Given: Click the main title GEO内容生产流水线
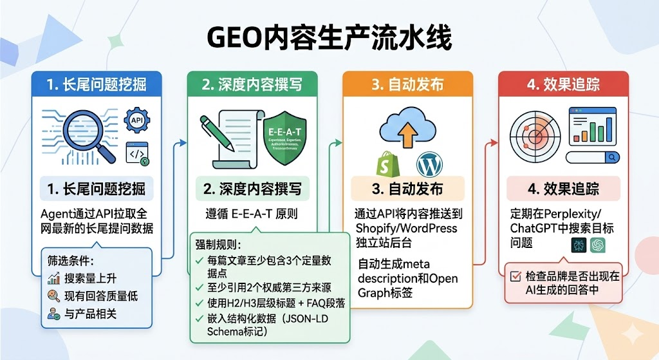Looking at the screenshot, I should [329, 37].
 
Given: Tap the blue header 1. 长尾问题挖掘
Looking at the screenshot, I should [97, 84].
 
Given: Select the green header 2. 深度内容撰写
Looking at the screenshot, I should [252, 84].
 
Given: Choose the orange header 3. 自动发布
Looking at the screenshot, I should [407, 84].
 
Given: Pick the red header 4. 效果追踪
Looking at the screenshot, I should [563, 84].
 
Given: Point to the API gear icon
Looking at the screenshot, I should [136, 119].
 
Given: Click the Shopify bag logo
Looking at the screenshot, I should [385, 164].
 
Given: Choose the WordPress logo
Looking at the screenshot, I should [429, 164].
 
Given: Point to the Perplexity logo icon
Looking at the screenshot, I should [579, 245].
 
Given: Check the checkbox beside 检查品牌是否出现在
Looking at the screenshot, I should [515, 276].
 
